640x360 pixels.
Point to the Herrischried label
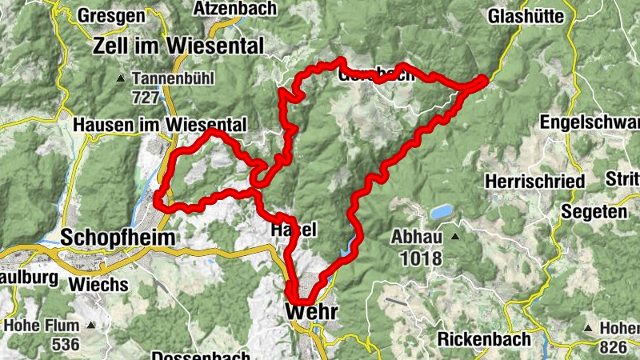click(x=534, y=182)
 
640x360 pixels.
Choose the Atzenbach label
click(x=235, y=9)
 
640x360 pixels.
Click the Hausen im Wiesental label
click(x=159, y=125)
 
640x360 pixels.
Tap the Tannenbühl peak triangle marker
click(x=121, y=78)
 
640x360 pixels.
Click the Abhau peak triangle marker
click(x=454, y=237)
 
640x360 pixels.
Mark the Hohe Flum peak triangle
click(x=92, y=326)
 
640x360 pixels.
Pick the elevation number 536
click(x=65, y=345)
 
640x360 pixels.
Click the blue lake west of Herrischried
click(x=441, y=212)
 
